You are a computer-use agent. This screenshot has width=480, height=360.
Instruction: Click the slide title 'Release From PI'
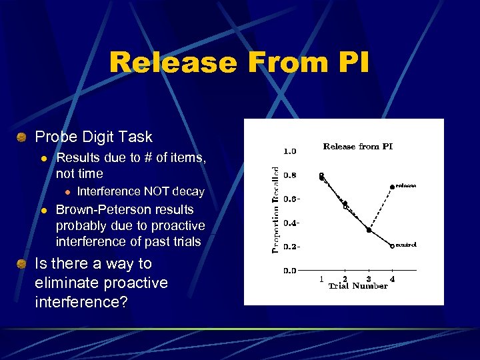coord(239,63)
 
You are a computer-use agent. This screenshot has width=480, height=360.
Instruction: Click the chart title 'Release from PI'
coord(357,146)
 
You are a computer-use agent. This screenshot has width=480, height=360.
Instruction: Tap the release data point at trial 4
coord(392,187)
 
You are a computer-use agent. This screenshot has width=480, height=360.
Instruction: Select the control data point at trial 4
coord(392,246)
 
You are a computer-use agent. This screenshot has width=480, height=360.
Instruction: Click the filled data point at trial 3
coord(369,230)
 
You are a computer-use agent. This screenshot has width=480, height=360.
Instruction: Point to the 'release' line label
coord(406,186)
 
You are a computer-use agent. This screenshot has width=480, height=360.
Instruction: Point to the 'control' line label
coord(406,245)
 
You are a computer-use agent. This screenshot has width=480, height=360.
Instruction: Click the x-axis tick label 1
coord(321,279)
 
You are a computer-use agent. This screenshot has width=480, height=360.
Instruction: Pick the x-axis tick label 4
coord(392,279)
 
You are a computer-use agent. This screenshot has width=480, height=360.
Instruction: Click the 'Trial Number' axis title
coord(357,286)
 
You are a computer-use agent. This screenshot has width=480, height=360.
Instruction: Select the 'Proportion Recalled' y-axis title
coord(275,209)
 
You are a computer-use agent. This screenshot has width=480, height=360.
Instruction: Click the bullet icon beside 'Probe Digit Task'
coord(22,137)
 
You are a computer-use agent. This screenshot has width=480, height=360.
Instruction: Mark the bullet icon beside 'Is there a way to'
coord(22,264)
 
